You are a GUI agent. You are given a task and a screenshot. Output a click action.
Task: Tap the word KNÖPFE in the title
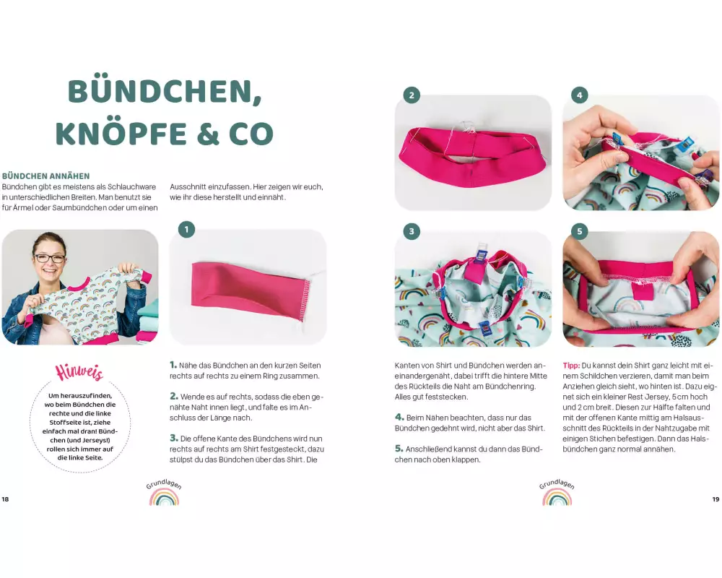tap(120, 133)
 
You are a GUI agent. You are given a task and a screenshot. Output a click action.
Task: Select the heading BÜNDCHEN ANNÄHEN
tap(46, 176)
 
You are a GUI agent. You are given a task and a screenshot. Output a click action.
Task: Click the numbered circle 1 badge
tap(186, 229)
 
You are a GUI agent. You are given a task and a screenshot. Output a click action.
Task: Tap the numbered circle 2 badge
tap(412, 95)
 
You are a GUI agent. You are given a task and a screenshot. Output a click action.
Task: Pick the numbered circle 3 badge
tap(412, 231)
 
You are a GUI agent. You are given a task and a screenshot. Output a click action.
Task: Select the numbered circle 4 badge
tap(579, 95)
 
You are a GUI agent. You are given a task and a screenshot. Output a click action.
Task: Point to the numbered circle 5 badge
tap(579, 231)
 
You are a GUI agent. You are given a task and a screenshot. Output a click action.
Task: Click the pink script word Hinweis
tap(79, 372)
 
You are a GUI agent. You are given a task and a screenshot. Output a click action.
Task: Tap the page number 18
tap(5, 499)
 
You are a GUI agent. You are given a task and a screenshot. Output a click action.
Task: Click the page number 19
tap(716, 499)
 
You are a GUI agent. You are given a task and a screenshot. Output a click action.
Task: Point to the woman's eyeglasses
tap(49, 258)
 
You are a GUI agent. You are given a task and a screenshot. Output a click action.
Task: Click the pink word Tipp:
tap(571, 366)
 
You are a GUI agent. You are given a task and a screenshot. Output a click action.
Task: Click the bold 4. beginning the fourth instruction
tap(399, 417)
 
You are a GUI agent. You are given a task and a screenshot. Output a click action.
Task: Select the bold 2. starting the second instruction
tap(174, 396)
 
